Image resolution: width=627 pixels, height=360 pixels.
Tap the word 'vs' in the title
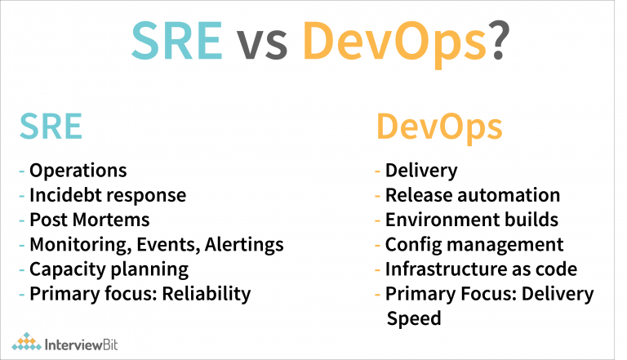[262, 42]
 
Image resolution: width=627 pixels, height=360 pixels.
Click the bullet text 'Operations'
[78, 171]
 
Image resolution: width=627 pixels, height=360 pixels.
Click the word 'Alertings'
[245, 244]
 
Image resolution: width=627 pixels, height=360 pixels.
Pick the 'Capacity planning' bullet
[109, 269]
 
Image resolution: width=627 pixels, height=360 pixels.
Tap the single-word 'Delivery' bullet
[421, 171]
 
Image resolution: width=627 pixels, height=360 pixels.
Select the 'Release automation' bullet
[473, 195]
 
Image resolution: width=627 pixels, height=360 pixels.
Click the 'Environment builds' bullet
[472, 220]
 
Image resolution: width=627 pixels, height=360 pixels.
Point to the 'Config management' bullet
[474, 244]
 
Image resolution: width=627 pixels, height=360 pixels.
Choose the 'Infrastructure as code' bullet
[481, 269]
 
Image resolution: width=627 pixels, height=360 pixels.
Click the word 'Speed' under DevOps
[413, 318]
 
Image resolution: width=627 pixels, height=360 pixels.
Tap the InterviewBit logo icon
[26, 340]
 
